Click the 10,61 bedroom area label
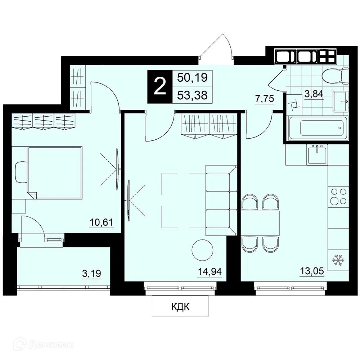(x=102, y=222)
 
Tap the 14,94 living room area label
(x=210, y=271)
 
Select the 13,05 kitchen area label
(x=312, y=271)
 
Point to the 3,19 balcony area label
(x=91, y=274)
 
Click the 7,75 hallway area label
(x=265, y=99)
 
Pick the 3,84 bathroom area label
(x=314, y=94)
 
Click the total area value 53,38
(x=192, y=95)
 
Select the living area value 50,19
(x=192, y=78)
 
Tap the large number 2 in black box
(x=160, y=86)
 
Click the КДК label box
(x=180, y=307)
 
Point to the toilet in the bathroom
(x=336, y=75)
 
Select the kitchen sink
(x=317, y=155)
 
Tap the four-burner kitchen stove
(x=338, y=196)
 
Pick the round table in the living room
(x=202, y=250)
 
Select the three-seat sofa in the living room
(x=221, y=200)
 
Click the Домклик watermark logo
(x=43, y=345)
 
